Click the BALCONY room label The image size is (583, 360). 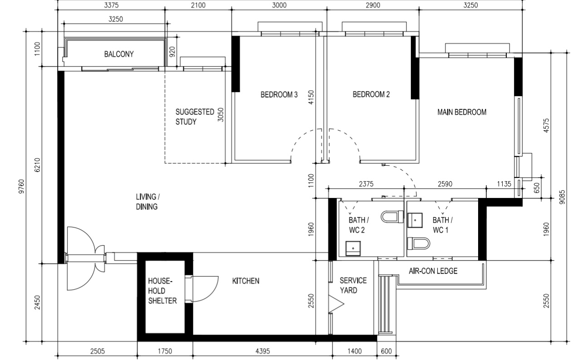119,54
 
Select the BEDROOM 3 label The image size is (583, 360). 279,95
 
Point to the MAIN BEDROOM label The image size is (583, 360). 461,112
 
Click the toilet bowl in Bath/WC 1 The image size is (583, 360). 419,244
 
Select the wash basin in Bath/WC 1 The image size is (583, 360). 415,220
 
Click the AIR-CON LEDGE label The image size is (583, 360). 433,271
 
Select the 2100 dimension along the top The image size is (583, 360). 198,5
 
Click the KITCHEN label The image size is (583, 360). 246,281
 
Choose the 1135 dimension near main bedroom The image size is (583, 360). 504,184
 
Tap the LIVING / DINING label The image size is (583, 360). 147,202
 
